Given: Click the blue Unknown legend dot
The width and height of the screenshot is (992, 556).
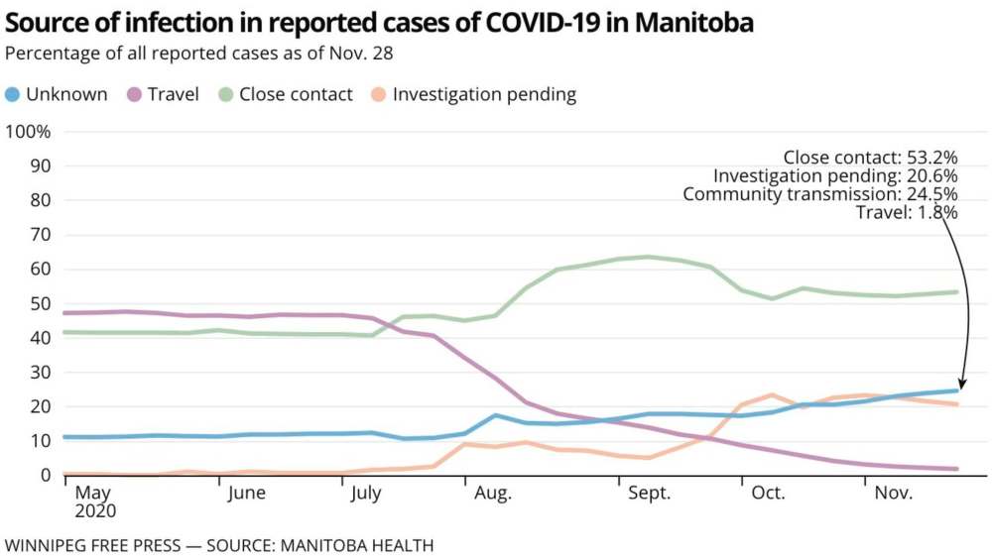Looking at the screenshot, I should click(13, 95).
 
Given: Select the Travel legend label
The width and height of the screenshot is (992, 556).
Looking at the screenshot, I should click(175, 95).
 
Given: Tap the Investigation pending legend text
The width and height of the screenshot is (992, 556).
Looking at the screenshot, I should click(484, 95).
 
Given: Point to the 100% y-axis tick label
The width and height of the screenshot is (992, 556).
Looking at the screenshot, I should click(29, 132).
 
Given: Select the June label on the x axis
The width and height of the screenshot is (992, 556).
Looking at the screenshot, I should click(245, 493).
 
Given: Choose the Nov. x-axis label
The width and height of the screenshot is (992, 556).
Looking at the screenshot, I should click(893, 493).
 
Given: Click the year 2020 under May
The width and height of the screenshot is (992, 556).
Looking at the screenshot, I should click(96, 512).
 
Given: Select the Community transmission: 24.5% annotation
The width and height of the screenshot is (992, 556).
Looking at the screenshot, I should click(819, 194).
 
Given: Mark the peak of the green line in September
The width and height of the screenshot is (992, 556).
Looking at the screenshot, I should click(648, 257).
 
